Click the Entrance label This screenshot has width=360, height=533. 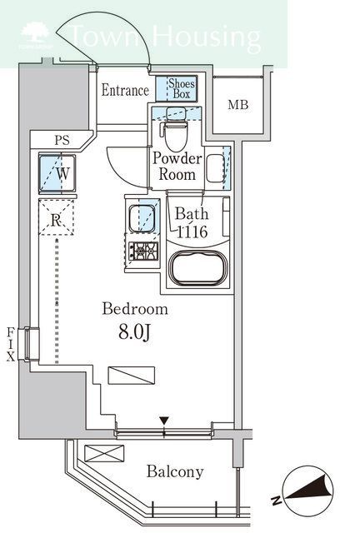[125, 91]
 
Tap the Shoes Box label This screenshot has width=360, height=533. [182, 88]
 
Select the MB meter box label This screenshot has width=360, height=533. [238, 105]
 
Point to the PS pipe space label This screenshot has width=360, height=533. [62, 140]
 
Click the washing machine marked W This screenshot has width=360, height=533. [57, 173]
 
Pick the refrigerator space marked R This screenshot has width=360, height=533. [56, 217]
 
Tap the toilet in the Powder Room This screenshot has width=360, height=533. [175, 128]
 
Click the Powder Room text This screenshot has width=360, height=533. [177, 167]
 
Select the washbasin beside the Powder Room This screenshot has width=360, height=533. [215, 168]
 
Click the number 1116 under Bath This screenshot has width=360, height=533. [192, 232]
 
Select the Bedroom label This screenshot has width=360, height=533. [135, 309]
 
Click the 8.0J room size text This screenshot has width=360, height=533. [134, 332]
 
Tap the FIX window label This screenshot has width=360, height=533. [11, 344]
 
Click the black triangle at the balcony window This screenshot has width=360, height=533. [164, 421]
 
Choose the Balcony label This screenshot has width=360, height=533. [175, 472]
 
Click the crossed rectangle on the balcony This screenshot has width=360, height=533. [104, 453]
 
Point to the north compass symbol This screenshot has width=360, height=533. [308, 491]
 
